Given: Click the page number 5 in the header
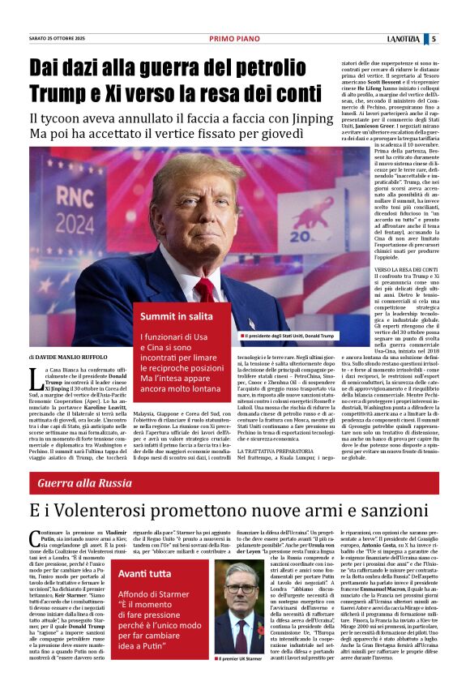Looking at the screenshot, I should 434,38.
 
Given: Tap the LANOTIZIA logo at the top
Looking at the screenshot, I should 404,38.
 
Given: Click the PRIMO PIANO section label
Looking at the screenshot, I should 235,38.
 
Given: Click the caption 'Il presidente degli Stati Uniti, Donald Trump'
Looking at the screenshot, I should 293,335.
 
